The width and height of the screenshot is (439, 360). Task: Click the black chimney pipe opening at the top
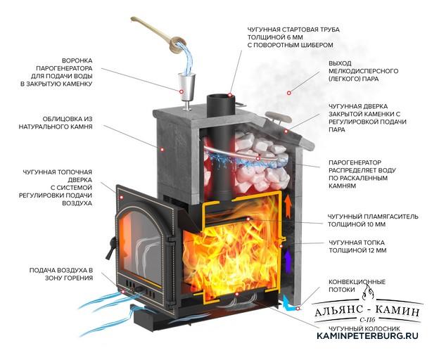(221, 100)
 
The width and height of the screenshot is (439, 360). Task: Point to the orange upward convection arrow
(288, 207)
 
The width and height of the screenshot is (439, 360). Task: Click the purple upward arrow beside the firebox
(287, 261)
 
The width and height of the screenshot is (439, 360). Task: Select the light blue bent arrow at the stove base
(288, 302)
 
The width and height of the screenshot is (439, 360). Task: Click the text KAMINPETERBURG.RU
(367, 335)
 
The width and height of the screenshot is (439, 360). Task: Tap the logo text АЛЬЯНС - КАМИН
(367, 311)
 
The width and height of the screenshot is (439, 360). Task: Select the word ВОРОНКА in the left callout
(77, 60)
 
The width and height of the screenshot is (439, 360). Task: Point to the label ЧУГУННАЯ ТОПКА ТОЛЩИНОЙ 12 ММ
(357, 246)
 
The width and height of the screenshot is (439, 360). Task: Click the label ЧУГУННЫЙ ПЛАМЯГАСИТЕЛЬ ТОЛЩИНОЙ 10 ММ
(373, 220)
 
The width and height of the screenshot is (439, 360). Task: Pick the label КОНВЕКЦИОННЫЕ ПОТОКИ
(357, 285)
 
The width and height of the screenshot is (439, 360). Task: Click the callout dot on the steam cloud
(289, 93)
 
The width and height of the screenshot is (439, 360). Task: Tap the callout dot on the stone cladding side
(162, 150)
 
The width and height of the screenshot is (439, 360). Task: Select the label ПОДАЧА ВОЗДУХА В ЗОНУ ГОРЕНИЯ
(61, 274)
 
